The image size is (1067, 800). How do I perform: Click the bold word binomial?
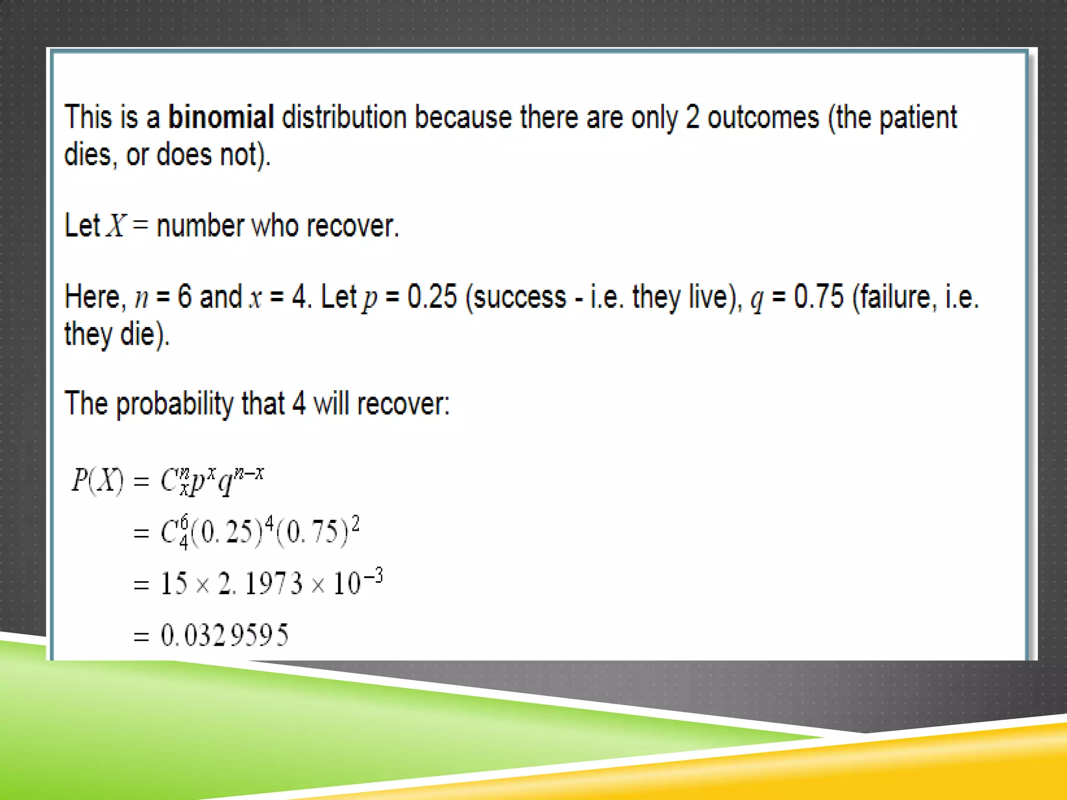pyautogui.click(x=221, y=117)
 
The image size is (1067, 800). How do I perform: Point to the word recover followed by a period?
pyautogui.click(x=352, y=226)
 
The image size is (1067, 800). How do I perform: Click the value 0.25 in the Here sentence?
pyautogui.click(x=432, y=297)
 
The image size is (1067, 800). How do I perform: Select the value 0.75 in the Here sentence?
pyautogui.click(x=818, y=297)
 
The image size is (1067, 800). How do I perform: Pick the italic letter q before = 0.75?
pyautogui.click(x=756, y=299)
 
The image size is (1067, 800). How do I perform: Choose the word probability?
pyautogui.click(x=175, y=404)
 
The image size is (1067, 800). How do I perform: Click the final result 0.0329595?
pyautogui.click(x=224, y=635)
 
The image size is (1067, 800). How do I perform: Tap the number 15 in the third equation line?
pyautogui.click(x=174, y=583)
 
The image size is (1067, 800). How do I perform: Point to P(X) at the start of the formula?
pyautogui.click(x=97, y=480)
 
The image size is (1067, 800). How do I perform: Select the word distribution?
pyautogui.click(x=344, y=117)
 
